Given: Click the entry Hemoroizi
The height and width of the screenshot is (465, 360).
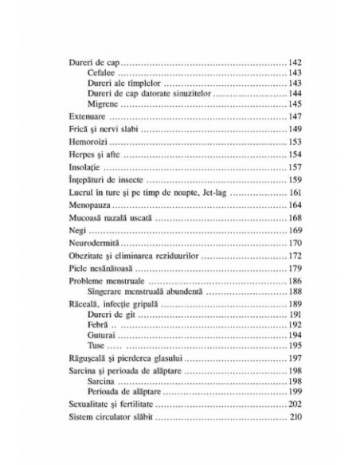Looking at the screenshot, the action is [x=88, y=143].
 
